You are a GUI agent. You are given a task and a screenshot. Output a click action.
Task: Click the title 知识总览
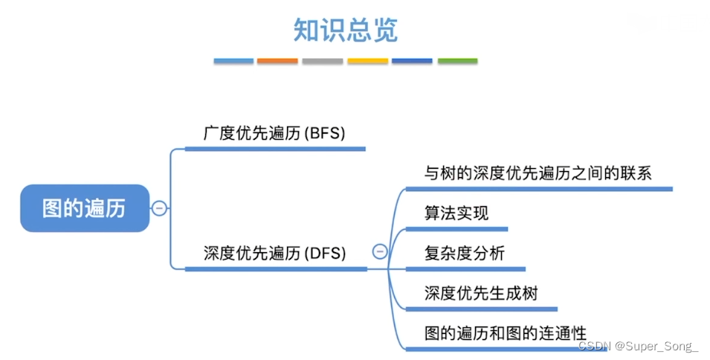(346, 30)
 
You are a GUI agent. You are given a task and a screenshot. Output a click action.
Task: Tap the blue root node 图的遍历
(84, 208)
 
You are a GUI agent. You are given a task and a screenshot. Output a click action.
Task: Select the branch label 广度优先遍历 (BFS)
(274, 134)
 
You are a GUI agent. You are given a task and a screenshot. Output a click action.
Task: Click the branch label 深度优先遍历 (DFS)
(274, 253)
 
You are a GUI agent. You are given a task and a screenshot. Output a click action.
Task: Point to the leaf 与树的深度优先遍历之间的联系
(538, 174)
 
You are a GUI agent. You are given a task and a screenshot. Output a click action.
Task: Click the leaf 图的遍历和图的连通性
(506, 332)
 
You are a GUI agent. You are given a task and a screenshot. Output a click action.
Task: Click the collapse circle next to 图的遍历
(159, 208)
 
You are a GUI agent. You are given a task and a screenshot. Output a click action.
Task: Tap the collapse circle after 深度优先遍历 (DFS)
(380, 251)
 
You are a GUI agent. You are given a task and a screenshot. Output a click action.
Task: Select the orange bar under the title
(277, 61)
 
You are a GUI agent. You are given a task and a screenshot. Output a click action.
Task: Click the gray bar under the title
(323, 61)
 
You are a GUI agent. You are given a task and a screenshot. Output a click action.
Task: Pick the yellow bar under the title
(367, 61)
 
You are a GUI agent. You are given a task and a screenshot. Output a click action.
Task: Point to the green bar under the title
(457, 61)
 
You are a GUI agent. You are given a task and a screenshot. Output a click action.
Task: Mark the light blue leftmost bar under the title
(233, 61)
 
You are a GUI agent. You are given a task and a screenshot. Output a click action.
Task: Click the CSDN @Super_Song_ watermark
(638, 347)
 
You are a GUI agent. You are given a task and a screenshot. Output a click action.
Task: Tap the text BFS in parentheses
(325, 134)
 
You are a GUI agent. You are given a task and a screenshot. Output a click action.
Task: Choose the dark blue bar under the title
(412, 61)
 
